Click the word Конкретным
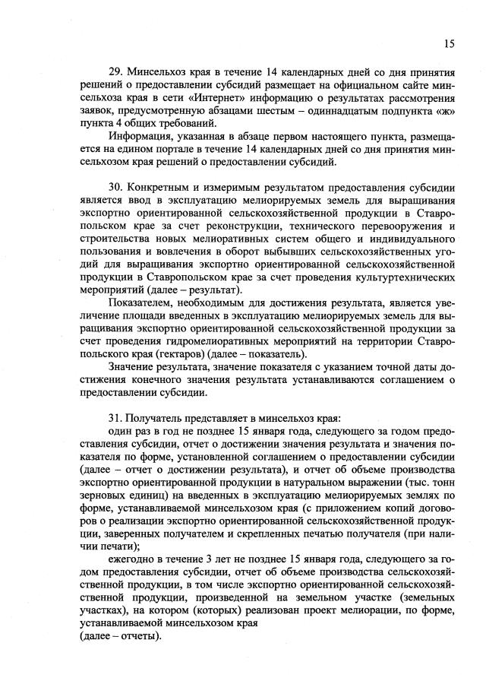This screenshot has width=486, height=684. pos(159,186)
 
